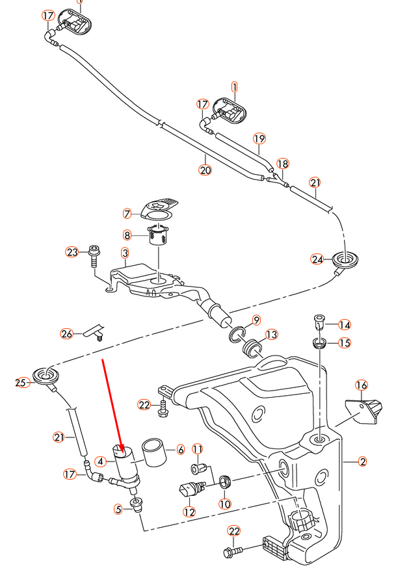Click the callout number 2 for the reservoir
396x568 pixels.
click(363, 462)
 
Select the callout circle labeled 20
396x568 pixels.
click(205, 170)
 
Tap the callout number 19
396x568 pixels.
click(259, 138)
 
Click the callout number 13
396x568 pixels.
click(271, 334)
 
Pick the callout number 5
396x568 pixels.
click(118, 510)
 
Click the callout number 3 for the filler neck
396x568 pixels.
click(124, 252)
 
